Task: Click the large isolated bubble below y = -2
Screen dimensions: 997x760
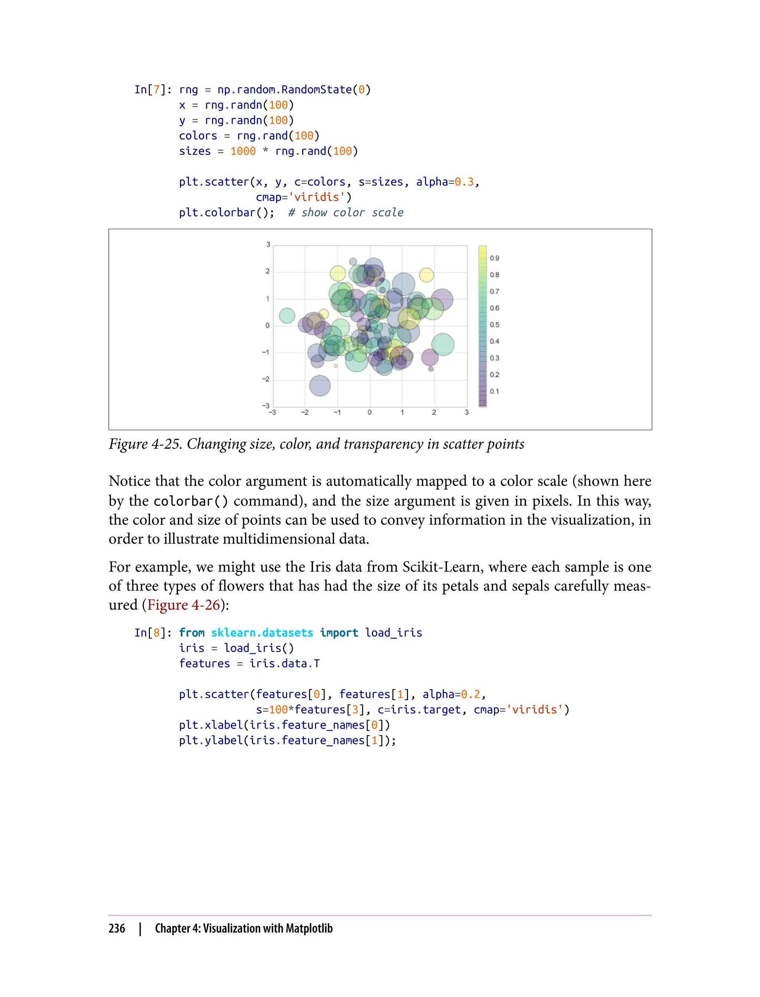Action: pyautogui.click(x=320, y=386)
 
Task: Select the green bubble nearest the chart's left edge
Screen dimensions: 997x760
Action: pyautogui.click(x=287, y=315)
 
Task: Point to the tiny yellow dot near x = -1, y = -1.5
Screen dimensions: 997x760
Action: pyautogui.click(x=336, y=366)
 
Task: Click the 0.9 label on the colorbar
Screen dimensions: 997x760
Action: pyautogui.click(x=494, y=258)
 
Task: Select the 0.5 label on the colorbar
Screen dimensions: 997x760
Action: pyautogui.click(x=494, y=325)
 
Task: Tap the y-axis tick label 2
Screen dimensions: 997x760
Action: pyautogui.click(x=267, y=271)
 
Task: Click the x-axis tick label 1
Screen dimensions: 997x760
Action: pyautogui.click(x=402, y=412)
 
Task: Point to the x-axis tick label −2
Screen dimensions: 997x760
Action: pyautogui.click(x=305, y=412)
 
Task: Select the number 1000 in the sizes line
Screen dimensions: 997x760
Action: pyautogui.click(x=243, y=151)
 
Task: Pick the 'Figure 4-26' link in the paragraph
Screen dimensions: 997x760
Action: pyautogui.click(x=184, y=605)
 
